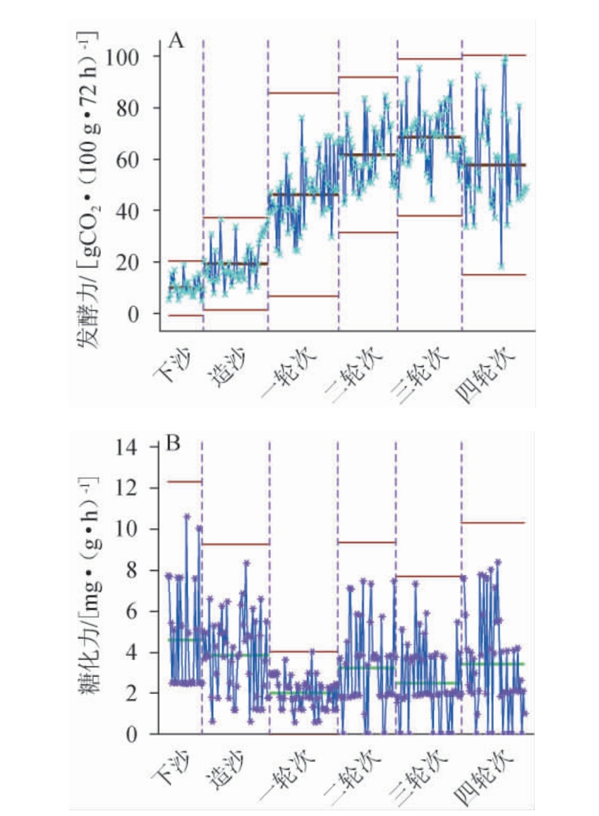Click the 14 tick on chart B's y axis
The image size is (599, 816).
point(131,447)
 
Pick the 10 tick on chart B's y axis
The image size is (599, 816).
point(131,529)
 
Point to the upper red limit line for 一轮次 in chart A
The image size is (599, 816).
point(303,92)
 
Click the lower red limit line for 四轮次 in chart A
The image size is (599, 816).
point(494,274)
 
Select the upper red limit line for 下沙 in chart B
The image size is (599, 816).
point(185,482)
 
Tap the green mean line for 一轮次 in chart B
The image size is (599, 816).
point(303,693)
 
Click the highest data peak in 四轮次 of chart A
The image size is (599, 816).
point(505,59)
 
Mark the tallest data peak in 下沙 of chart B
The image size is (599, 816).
point(187,516)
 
